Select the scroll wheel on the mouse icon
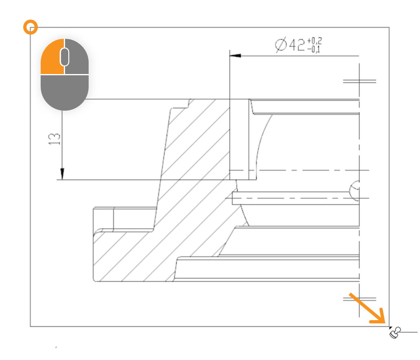tap(65, 57)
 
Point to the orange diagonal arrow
tap(367, 308)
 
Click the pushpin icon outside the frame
tap(395, 333)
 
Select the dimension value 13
tap(54, 139)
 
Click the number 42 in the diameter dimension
tap(297, 45)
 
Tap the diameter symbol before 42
tap(281, 44)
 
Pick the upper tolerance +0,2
tap(314, 41)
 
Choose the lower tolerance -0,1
tap(313, 49)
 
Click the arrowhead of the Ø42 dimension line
tap(235, 55)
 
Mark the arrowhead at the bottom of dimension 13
tap(62, 174)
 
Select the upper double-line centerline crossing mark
tap(359, 81)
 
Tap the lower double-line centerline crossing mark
tap(359, 299)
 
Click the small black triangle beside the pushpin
tap(391, 327)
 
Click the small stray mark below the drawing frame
tap(56, 347)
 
